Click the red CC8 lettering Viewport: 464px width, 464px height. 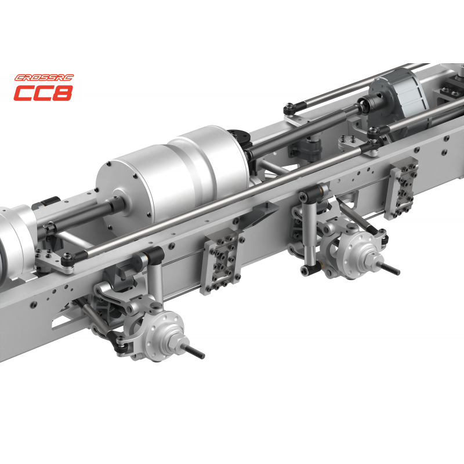(x=43, y=93)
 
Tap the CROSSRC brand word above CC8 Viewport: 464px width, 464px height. (x=44, y=78)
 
